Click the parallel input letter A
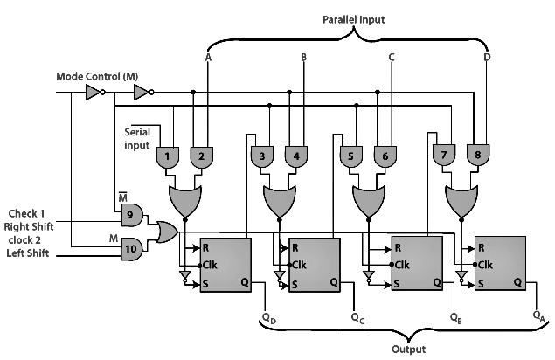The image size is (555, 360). pyautogui.click(x=207, y=58)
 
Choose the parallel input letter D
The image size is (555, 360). pyautogui.click(x=487, y=58)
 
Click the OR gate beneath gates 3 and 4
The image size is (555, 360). pyautogui.click(x=280, y=202)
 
